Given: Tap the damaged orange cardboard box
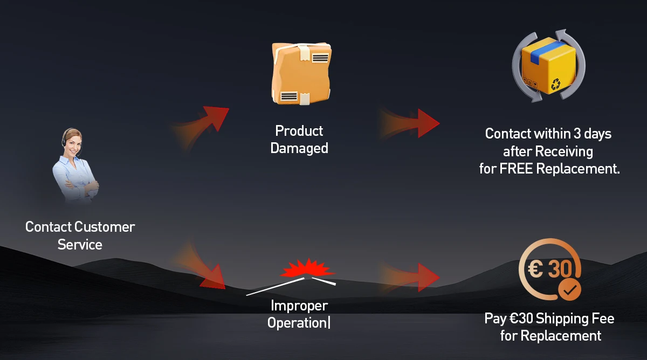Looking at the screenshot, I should tap(301, 73).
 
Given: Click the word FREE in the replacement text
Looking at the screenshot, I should tap(517, 169).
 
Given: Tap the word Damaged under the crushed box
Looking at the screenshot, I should tap(299, 148).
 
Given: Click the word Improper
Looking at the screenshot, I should tap(299, 306).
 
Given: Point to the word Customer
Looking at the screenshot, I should tap(105, 227).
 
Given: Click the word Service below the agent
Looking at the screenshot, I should tap(80, 245).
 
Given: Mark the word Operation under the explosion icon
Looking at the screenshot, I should tap(297, 323).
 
